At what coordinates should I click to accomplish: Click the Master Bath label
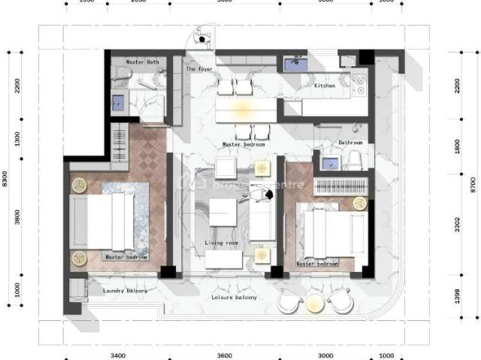tap(141, 62)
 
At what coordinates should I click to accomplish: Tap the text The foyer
tap(199, 69)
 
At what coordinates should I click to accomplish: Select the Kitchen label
tap(324, 86)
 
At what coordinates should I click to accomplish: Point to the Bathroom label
tap(350, 142)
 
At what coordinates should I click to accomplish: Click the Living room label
tap(221, 243)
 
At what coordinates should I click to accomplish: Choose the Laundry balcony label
tap(125, 290)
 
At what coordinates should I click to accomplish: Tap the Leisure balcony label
tap(234, 298)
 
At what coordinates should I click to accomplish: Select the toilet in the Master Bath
tap(122, 74)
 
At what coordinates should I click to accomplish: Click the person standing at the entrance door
tap(201, 35)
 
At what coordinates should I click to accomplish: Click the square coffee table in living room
tap(223, 211)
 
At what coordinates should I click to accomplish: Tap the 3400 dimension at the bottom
tap(116, 355)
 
